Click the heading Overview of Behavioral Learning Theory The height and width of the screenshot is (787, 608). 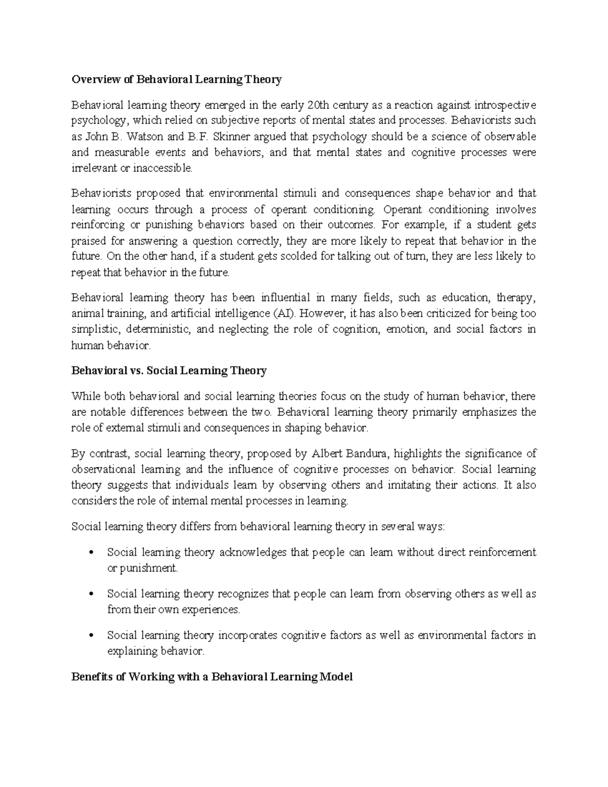176,80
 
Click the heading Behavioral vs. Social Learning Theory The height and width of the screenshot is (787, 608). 169,371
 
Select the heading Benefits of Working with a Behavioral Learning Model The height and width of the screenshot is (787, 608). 212,677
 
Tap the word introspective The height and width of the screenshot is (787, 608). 505,105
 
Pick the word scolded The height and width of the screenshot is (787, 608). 298,256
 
